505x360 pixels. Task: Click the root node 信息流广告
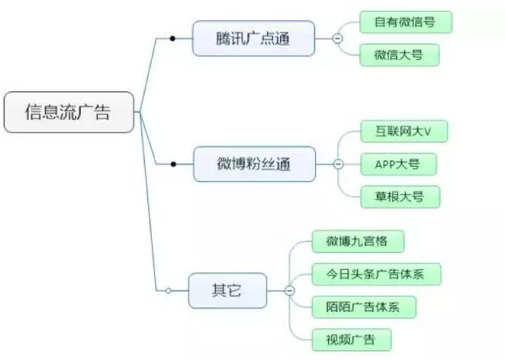tap(68, 112)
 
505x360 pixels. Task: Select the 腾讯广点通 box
tap(254, 38)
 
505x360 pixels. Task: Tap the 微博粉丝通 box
tap(255, 164)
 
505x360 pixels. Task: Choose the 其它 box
tap(228, 291)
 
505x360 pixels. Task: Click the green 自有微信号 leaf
tap(406, 22)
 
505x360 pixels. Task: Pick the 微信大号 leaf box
tap(400, 55)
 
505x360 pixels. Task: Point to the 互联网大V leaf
tap(404, 131)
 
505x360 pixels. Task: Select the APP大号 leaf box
tap(399, 164)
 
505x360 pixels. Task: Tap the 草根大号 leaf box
tap(400, 196)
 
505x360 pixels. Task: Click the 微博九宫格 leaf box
tap(357, 241)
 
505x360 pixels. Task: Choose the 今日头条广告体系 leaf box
tap(376, 274)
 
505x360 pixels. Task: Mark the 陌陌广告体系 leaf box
tap(364, 307)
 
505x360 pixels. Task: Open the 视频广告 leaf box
tap(352, 340)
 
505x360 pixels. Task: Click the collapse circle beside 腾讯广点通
tap(337, 39)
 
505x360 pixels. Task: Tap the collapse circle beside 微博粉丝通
tap(338, 164)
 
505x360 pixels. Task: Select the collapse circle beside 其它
tap(289, 291)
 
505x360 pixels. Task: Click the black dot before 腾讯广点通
tap(173, 39)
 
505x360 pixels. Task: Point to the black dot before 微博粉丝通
tap(174, 164)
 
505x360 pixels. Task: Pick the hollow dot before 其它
tap(168, 291)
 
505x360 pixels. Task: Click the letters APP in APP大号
tap(385, 164)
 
